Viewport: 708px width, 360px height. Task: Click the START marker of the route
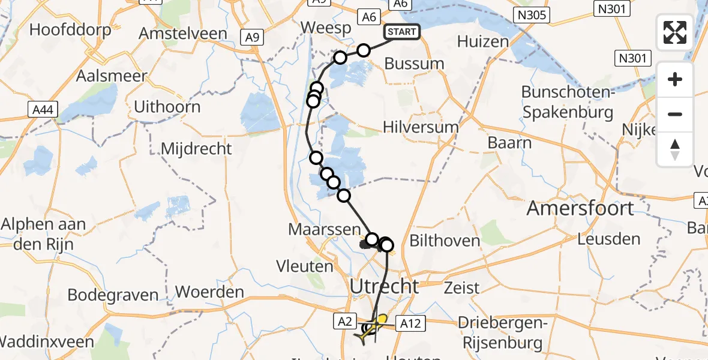tap(401, 32)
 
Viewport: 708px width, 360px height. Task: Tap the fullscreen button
tap(675, 32)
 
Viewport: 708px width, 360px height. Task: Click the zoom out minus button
tap(675, 114)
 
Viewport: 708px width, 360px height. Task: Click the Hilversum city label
tap(421, 127)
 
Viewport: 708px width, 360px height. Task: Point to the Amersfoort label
tap(572, 209)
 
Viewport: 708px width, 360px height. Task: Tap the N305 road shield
tap(532, 15)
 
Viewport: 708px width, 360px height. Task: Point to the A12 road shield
tap(410, 324)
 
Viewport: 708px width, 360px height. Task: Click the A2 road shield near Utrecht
tap(344, 322)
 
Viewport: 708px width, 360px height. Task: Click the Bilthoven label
tap(444, 241)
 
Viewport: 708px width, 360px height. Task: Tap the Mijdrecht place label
tap(196, 149)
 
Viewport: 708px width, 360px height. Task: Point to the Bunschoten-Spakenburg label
tap(567, 102)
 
